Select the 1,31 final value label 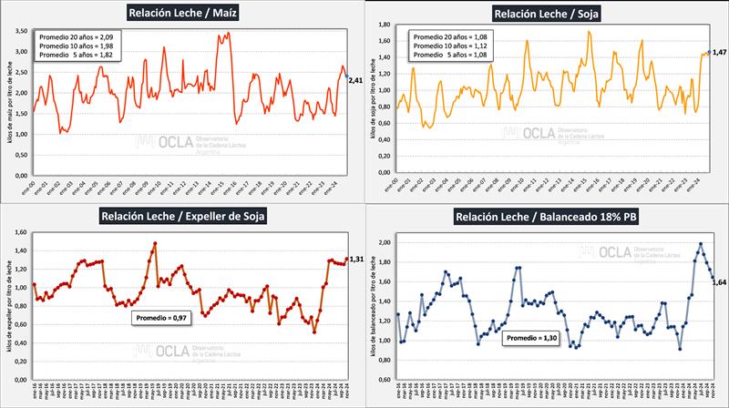pyautogui.click(x=358, y=259)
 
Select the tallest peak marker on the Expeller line pyautogui.click(x=156, y=243)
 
